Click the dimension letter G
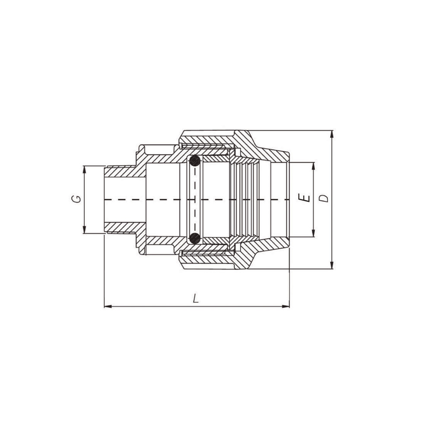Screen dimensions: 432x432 click(x=78, y=199)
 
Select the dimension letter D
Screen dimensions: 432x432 click(x=325, y=198)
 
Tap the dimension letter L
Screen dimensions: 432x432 click(x=196, y=299)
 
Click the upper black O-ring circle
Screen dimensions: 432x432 click(x=195, y=160)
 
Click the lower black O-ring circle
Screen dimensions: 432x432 click(x=195, y=238)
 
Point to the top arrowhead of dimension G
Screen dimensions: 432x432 click(x=85, y=170)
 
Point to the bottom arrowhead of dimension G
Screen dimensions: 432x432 click(x=85, y=229)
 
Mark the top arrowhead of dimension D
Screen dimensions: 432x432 click(x=332, y=134)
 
